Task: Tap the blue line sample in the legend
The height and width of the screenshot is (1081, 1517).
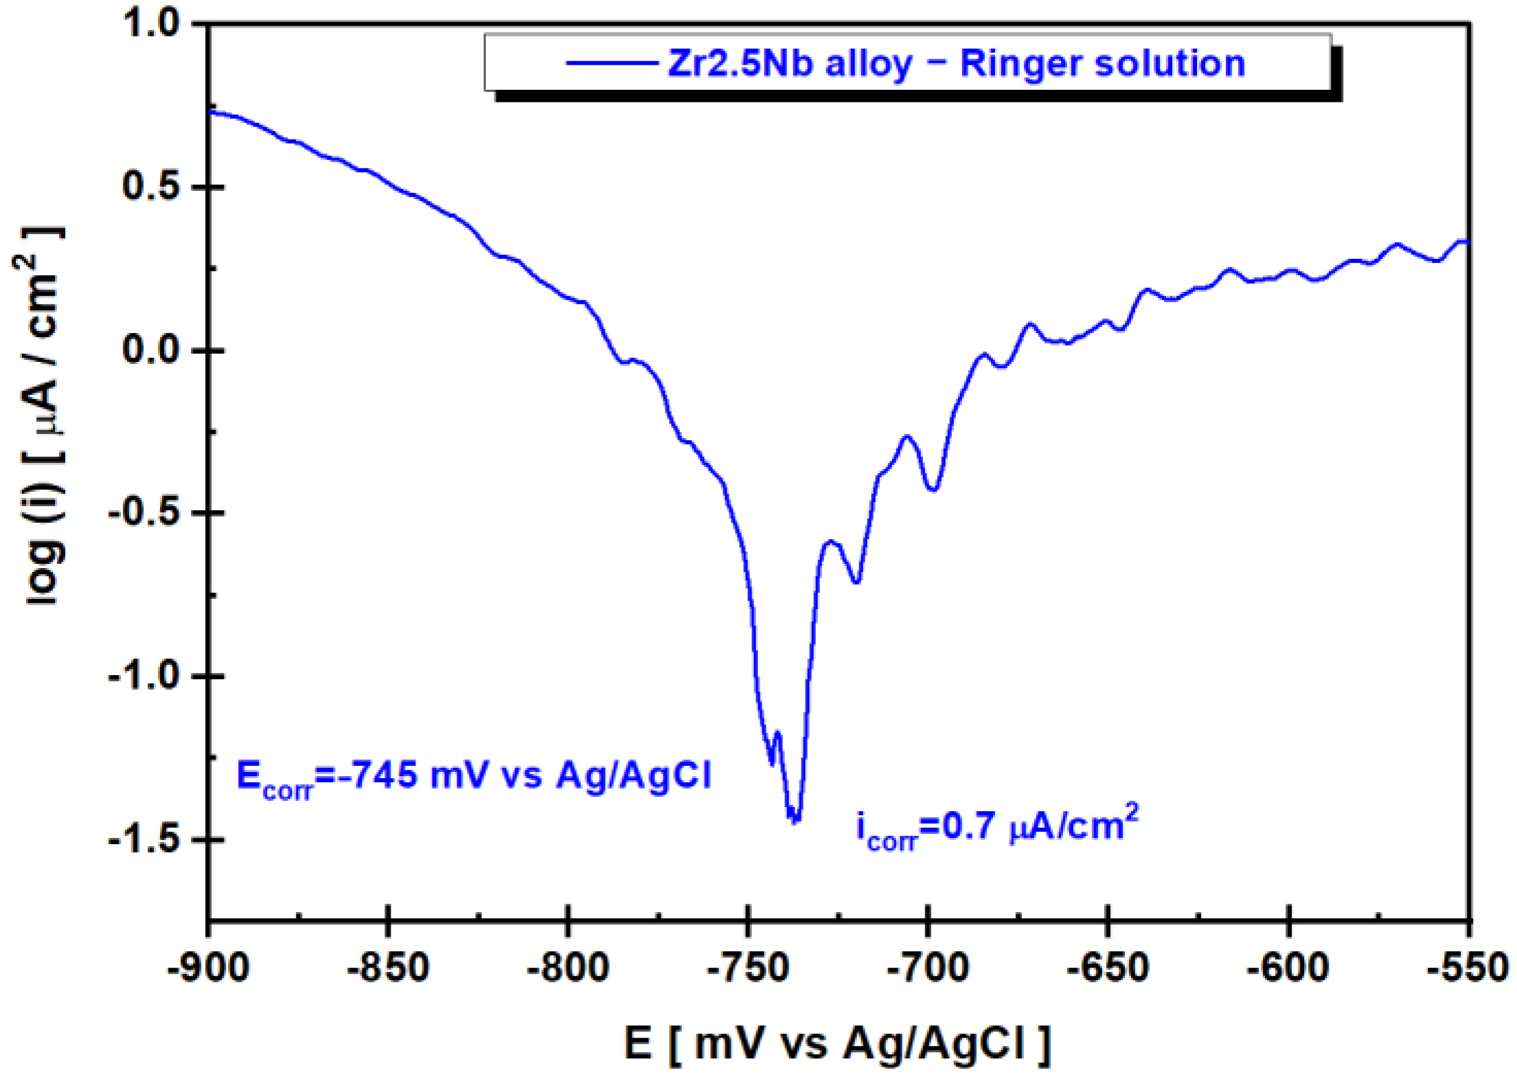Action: (611, 64)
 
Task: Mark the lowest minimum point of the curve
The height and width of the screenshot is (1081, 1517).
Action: (795, 820)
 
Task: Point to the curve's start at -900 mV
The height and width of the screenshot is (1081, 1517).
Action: (210, 111)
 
